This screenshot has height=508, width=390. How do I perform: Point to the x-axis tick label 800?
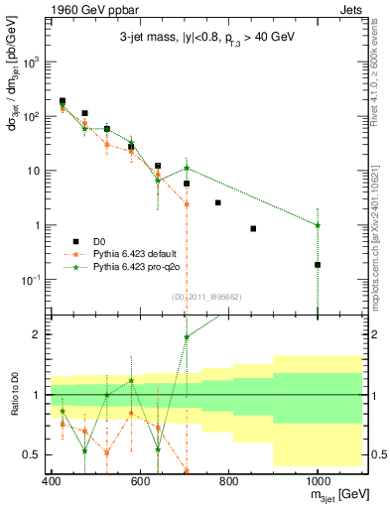(x=228, y=481)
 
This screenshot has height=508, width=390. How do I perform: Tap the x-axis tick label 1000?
(x=317, y=481)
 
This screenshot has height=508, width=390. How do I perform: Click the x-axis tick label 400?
(x=51, y=481)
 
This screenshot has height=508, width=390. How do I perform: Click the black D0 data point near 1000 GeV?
(x=318, y=265)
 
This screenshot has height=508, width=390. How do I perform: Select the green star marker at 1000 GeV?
(x=318, y=225)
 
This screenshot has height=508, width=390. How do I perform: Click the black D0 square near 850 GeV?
(x=253, y=228)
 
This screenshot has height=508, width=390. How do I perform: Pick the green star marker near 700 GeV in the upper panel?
(x=186, y=168)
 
